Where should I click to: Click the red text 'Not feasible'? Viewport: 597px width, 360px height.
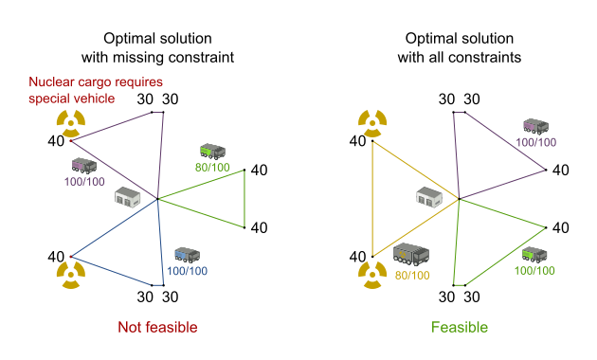pyautogui.click(x=156, y=328)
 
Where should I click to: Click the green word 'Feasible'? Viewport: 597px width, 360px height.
pyautogui.click(x=459, y=328)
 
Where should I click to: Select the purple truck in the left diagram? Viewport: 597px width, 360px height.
pyautogui.click(x=84, y=165)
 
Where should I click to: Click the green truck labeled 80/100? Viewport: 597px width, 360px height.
pyautogui.click(x=212, y=152)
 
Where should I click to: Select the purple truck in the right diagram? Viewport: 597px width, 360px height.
pyautogui.click(x=537, y=127)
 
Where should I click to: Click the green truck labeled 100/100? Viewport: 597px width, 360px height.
pyautogui.click(x=534, y=255)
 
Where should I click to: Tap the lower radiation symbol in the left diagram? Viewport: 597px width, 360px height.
pyautogui.click(x=71, y=276)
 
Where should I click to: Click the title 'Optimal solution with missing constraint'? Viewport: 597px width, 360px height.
pyautogui.click(x=156, y=47)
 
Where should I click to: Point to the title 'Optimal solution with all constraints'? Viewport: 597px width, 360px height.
pyautogui.click(x=459, y=47)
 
